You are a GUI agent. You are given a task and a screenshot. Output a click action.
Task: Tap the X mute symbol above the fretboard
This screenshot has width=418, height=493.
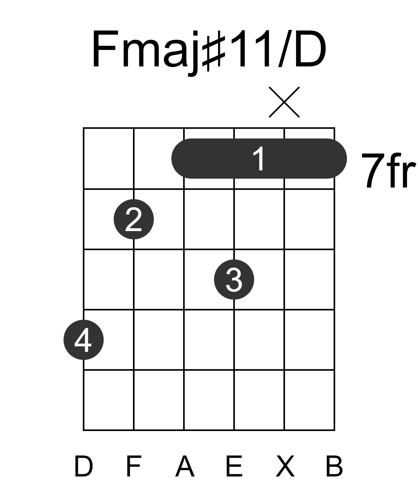point(284,102)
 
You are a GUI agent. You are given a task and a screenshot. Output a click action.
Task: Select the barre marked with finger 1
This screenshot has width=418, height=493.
point(259,159)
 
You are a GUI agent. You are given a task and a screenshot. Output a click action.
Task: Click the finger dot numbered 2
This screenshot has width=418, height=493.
point(134,219)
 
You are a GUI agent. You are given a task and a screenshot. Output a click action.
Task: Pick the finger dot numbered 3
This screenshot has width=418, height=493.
point(234,279)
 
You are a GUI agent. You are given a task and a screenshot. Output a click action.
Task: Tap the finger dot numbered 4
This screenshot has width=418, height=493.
point(83,340)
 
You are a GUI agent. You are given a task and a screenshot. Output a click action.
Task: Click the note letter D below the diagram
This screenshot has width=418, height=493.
point(83,466)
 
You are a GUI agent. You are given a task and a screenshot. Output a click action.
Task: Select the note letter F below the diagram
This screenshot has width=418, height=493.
point(134,466)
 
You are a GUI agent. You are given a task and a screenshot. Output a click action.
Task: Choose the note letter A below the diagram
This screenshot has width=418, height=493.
point(185,466)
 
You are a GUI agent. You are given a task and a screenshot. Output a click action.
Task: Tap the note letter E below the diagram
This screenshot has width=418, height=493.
point(234,466)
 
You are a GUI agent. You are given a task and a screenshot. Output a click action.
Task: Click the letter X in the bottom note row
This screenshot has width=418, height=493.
point(285,466)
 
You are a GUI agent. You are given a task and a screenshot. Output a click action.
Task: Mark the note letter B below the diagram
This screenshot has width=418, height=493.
point(334,466)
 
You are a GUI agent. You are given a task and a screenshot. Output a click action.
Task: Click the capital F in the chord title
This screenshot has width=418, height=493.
point(104,49)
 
